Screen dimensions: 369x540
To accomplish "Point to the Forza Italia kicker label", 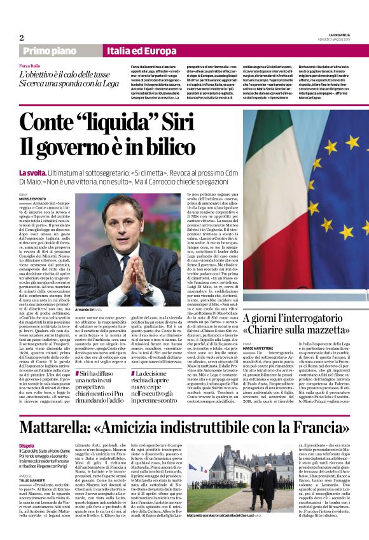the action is [x=30, y=66].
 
